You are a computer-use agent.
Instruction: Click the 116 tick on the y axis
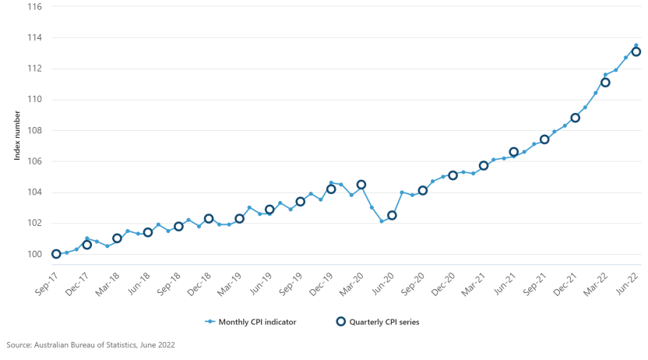pyautogui.click(x=34, y=6)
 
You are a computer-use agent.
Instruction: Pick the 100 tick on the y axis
pyautogui.click(x=34, y=254)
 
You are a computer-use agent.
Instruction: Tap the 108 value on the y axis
pyautogui.click(x=34, y=130)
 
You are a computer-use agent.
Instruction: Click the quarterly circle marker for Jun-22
pyautogui.click(x=636, y=51)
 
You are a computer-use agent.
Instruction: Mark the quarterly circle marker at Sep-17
pyautogui.click(x=56, y=254)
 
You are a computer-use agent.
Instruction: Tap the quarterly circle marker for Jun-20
pyautogui.click(x=392, y=215)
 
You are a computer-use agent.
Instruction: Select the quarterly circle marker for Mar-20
pyautogui.click(x=361, y=185)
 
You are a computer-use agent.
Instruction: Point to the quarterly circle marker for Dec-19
pyautogui.click(x=331, y=189)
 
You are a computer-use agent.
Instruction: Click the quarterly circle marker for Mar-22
pyautogui.click(x=605, y=83)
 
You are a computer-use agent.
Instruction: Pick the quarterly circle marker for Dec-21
pyautogui.click(x=575, y=118)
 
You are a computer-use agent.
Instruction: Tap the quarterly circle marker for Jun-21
pyautogui.click(x=514, y=152)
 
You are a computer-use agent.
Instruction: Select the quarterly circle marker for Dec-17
pyautogui.click(x=86, y=245)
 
